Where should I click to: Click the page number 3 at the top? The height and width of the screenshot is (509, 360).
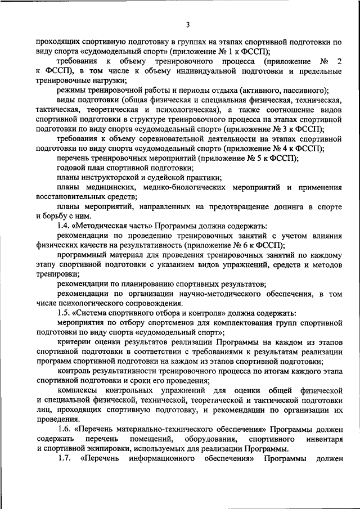(188, 24)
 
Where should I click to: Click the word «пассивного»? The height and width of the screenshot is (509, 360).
(302, 91)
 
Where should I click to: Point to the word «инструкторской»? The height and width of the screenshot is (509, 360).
(112, 178)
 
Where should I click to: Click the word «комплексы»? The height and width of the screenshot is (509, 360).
(78, 391)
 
